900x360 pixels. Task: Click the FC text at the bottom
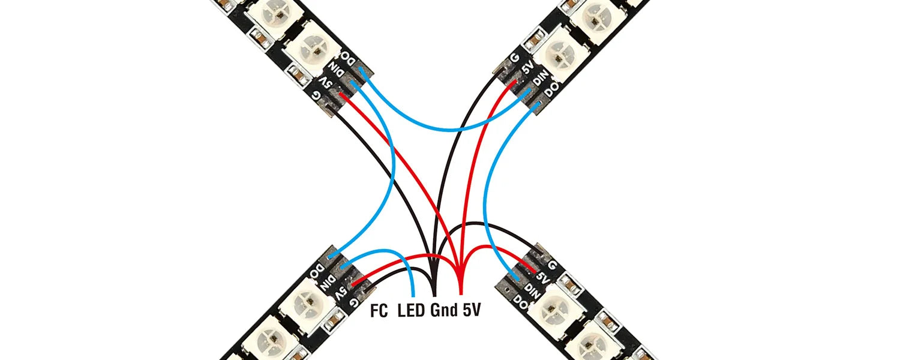[x=378, y=310]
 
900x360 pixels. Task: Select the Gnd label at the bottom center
[x=445, y=310]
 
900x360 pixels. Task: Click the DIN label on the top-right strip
[x=538, y=80]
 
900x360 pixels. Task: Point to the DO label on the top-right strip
[x=550, y=91]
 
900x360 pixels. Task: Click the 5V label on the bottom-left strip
[x=340, y=292]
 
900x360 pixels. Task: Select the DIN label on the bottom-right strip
[x=530, y=289]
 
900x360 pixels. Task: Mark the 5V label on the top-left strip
[x=325, y=83]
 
